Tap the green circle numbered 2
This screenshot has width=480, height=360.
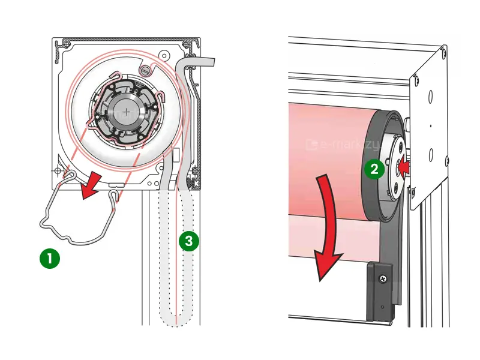click(374, 169)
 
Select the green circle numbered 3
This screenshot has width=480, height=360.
click(188, 241)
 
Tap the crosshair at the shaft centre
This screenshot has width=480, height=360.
click(127, 111)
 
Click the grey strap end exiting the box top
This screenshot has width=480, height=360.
click(204, 61)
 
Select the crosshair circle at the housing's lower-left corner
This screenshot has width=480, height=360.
click(58, 171)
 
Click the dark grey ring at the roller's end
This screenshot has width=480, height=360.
click(371, 198)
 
